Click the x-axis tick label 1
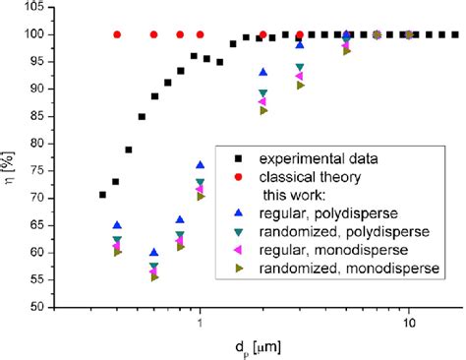(x=201, y=323)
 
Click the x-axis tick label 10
(x=408, y=323)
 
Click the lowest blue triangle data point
(x=153, y=253)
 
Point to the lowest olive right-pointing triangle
(x=153, y=278)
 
